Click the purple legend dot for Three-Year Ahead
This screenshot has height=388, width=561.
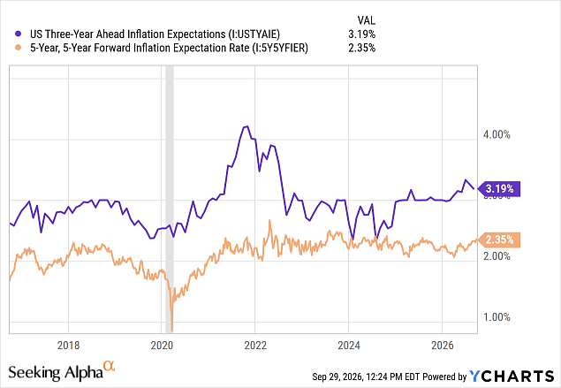click(19, 34)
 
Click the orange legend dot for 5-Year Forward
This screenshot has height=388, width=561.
click(19, 48)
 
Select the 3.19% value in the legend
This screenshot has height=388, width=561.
click(361, 34)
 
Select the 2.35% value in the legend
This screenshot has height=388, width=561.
click(361, 48)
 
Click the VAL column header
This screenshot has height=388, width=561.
click(367, 20)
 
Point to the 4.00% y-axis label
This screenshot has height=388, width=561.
click(497, 134)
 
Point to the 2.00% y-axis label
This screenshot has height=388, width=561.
click(497, 256)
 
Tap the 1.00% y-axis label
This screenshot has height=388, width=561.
click(497, 317)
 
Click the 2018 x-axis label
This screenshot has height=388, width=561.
click(68, 345)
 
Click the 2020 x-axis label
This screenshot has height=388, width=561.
click(162, 345)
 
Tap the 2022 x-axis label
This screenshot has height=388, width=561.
click(255, 345)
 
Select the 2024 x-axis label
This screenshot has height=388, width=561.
click(349, 345)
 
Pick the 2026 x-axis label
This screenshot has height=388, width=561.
click(443, 345)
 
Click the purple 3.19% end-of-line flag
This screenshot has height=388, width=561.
click(499, 188)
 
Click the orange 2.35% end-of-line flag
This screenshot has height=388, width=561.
click(499, 240)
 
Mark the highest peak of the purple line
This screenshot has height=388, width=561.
click(246, 126)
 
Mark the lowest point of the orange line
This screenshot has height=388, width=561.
click(172, 331)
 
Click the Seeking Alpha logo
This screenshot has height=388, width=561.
click(62, 371)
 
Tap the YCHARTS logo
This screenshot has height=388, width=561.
click(512, 377)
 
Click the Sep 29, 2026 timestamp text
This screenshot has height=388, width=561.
click(366, 377)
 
